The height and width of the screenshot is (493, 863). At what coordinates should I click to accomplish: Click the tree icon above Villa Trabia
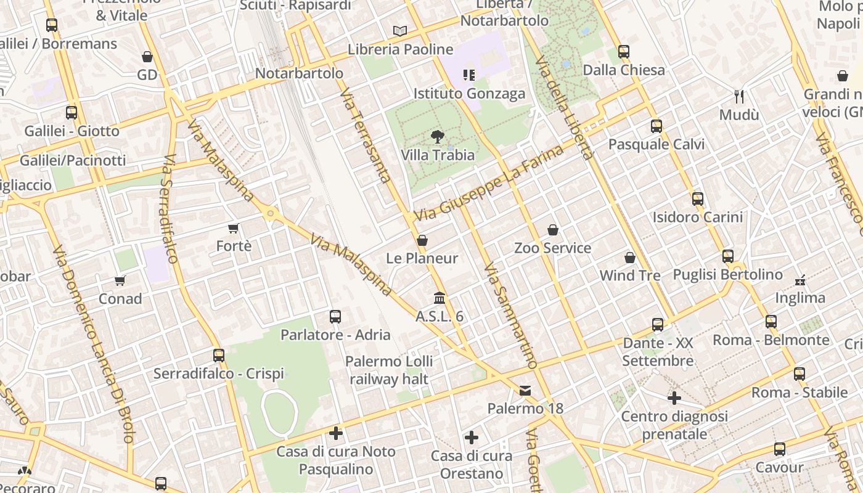[x=438, y=137]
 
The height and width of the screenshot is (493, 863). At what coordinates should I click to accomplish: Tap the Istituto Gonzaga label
[x=469, y=94]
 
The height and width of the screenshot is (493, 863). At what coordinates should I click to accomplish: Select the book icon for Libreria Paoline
[x=400, y=31]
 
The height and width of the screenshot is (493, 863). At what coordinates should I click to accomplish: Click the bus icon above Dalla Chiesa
[x=624, y=52]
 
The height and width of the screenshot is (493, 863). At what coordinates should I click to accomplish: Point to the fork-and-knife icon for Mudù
[x=739, y=97]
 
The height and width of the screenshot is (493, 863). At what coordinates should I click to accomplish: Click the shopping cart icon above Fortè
[x=234, y=229]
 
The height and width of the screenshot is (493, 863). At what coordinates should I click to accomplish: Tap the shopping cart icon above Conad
[x=120, y=281]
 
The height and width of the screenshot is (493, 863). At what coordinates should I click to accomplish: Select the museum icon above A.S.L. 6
[x=440, y=298]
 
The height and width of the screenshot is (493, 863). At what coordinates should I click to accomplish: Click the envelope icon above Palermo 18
[x=525, y=391]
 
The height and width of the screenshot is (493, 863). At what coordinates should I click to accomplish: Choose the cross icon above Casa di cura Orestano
[x=472, y=438]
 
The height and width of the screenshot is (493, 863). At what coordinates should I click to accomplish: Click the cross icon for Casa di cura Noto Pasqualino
[x=336, y=433]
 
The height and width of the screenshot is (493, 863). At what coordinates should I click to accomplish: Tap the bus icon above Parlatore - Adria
[x=335, y=317]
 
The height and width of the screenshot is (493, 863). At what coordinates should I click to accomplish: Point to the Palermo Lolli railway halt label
[x=389, y=370]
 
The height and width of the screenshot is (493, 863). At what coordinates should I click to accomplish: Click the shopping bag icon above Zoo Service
[x=553, y=230]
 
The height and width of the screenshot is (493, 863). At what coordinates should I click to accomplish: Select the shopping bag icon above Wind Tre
[x=630, y=258]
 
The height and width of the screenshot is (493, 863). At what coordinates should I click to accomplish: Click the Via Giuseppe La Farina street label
[x=489, y=183]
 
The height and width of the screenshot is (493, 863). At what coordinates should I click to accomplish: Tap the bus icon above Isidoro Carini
[x=698, y=199]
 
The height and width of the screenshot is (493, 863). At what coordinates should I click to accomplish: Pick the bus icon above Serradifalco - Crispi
[x=219, y=356]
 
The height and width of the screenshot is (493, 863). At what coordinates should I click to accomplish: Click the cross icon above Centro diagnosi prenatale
[x=674, y=398]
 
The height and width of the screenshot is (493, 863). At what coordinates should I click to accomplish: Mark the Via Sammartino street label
[x=511, y=316]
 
